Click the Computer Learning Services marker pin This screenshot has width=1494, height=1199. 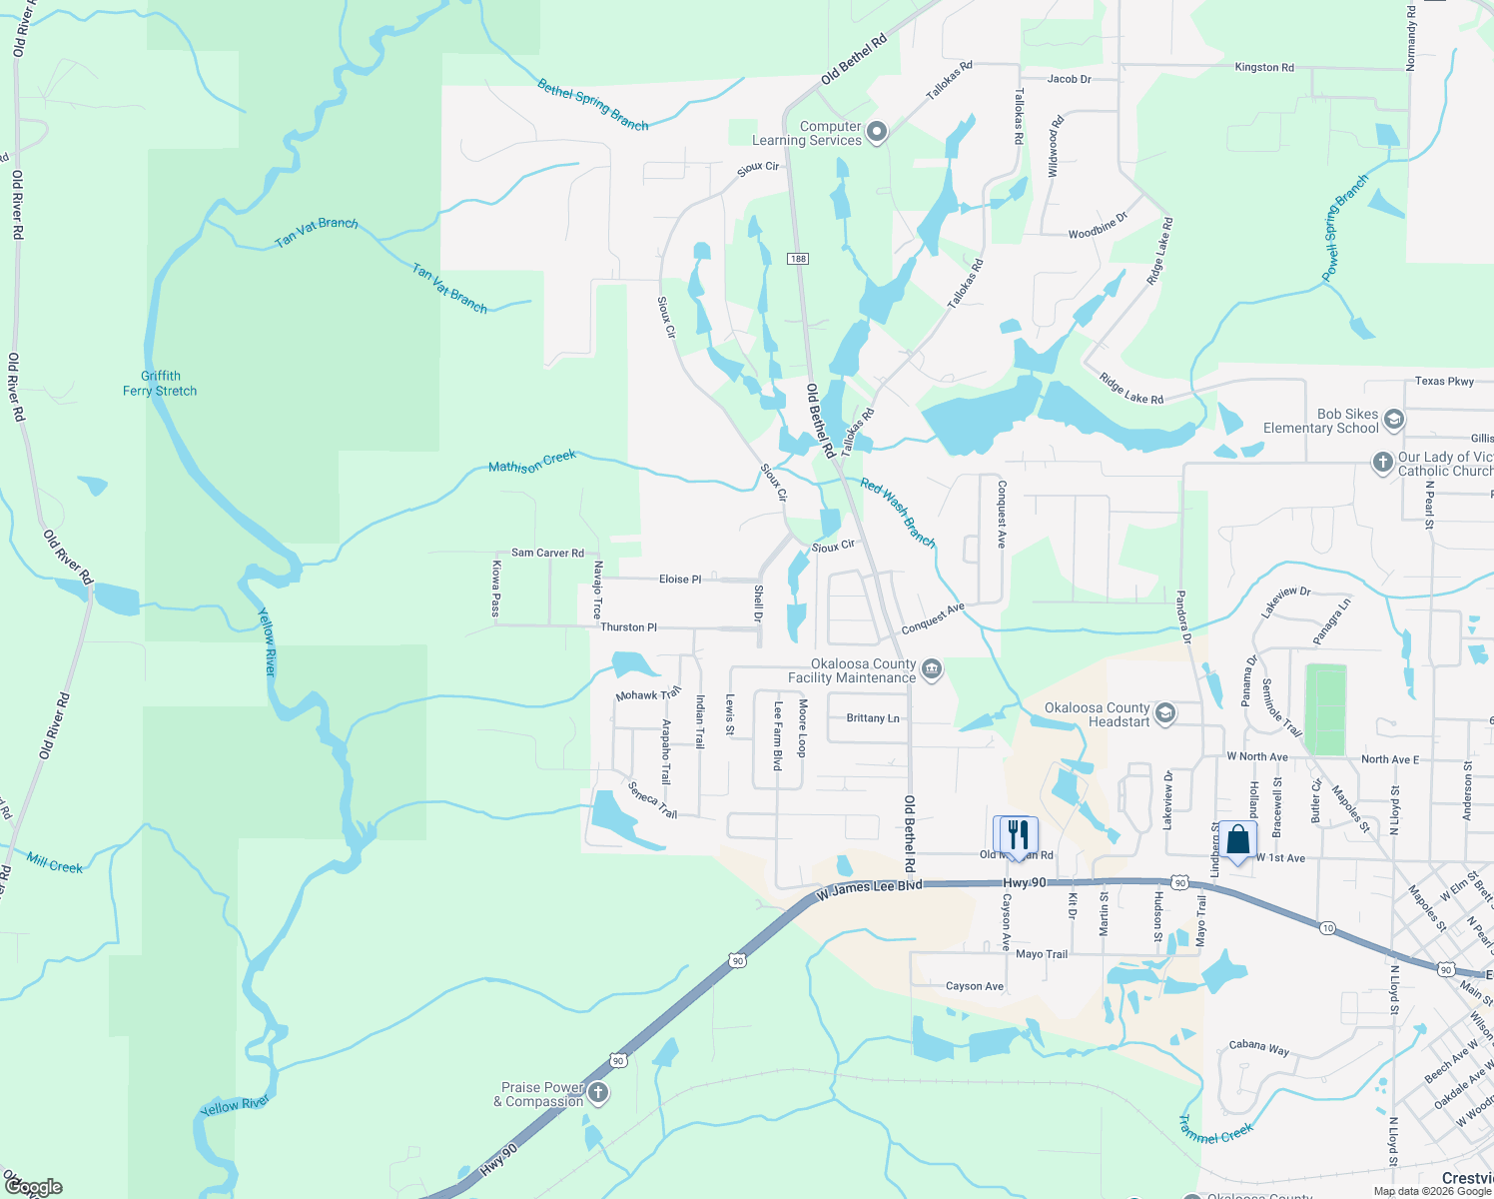[877, 132]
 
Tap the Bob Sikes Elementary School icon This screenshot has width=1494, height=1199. [1394, 420]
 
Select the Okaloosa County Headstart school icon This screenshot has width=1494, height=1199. [1164, 714]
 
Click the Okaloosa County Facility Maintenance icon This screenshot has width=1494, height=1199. [932, 669]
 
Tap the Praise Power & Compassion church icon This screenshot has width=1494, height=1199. [597, 1093]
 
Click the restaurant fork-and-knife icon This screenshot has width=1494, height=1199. [1017, 834]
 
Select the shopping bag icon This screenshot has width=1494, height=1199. [1237, 840]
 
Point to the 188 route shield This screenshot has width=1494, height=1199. [797, 259]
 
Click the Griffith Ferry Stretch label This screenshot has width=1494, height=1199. [160, 384]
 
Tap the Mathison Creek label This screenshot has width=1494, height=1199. [532, 462]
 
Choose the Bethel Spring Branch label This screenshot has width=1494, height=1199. [593, 105]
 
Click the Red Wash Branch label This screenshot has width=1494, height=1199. [898, 513]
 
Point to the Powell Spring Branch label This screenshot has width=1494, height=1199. [1344, 229]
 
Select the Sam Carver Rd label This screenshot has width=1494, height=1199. [547, 553]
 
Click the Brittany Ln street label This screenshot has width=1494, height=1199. [872, 718]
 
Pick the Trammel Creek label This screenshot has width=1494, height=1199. [1216, 1129]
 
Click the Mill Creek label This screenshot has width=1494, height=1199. [55, 863]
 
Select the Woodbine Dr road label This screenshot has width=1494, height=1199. [1098, 226]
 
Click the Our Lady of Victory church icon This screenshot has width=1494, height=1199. [1382, 462]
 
